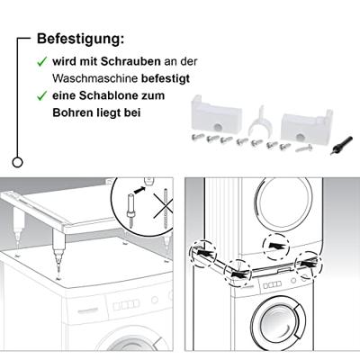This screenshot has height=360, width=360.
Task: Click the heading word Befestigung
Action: [80, 39]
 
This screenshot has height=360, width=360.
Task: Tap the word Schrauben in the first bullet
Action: [130, 61]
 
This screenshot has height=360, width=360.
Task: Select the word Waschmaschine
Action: [94, 78]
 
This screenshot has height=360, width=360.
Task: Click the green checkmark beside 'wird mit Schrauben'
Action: [41, 62]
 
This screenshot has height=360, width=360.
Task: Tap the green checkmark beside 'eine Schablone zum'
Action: [41, 96]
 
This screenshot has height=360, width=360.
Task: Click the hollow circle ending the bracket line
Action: [18, 162]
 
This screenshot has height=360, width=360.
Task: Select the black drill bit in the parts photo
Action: [340, 145]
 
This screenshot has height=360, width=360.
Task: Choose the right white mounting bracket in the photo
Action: [307, 125]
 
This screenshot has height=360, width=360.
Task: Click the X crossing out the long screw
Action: [164, 205]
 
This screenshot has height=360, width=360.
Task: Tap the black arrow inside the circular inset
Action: [139, 190]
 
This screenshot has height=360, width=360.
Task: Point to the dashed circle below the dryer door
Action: [276, 247]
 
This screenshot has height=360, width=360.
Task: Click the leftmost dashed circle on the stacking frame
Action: [202, 253]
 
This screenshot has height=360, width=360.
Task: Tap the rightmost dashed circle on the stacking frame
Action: [309, 263]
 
